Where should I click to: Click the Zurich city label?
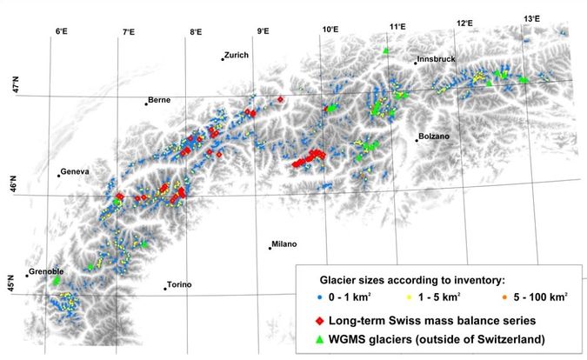tap(237, 55)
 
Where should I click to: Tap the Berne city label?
tap(159, 100)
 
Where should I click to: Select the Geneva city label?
tap(75, 171)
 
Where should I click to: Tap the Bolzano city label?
tap(434, 137)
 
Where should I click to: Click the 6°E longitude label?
tap(61, 31)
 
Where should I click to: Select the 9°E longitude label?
tap(263, 31)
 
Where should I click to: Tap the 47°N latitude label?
tap(12, 84)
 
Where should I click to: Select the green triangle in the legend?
tap(308, 337)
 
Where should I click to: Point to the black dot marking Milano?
tap(270, 248)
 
